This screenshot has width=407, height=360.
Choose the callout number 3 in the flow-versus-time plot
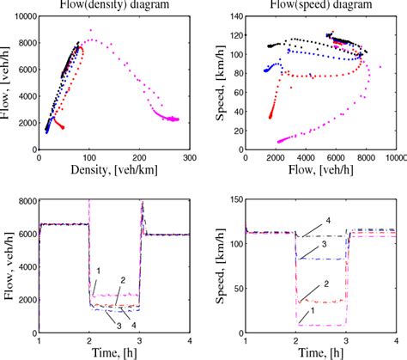coord(108,323)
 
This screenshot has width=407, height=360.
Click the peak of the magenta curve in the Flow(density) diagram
coord(90,41)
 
